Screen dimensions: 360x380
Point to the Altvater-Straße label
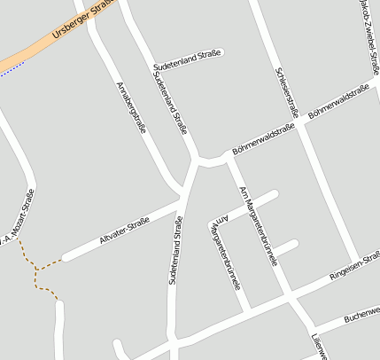tap(125, 233)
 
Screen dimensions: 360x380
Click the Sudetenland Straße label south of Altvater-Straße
tap(174, 251)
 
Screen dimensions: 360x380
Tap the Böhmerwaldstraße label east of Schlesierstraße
tap(338, 102)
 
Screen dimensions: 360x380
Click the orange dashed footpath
tap(36, 270)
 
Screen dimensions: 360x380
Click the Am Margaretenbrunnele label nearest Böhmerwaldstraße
tap(258, 225)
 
